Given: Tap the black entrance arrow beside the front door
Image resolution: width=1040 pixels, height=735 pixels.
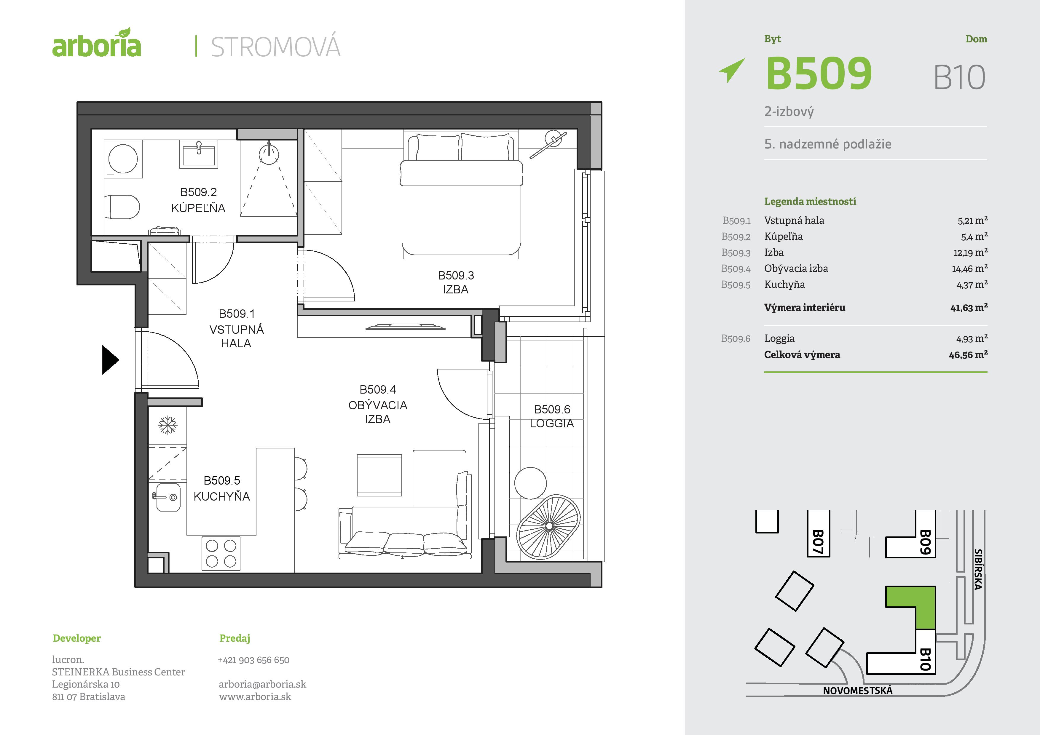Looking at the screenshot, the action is tap(110, 360).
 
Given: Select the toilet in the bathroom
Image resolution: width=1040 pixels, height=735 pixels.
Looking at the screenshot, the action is tap(122, 207).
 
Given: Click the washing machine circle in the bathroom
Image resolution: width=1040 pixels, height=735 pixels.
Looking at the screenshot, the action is tap(123, 159).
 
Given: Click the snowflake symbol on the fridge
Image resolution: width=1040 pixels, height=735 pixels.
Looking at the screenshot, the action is tap(168, 425).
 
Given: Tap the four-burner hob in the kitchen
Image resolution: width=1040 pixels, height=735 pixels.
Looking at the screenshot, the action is tap(221, 553).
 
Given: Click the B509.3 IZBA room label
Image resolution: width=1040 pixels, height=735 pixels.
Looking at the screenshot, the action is tap(456, 282).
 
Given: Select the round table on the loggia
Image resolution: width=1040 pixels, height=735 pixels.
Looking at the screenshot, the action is tap(530, 483).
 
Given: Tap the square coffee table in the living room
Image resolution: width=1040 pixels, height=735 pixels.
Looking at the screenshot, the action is tap(379, 475).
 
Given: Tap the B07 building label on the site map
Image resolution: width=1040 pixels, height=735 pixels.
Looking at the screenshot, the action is tap(818, 542).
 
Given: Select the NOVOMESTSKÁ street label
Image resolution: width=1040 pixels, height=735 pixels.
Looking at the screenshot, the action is tap(857, 691).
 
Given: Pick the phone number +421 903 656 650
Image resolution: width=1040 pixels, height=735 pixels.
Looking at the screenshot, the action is tap(254, 660).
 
